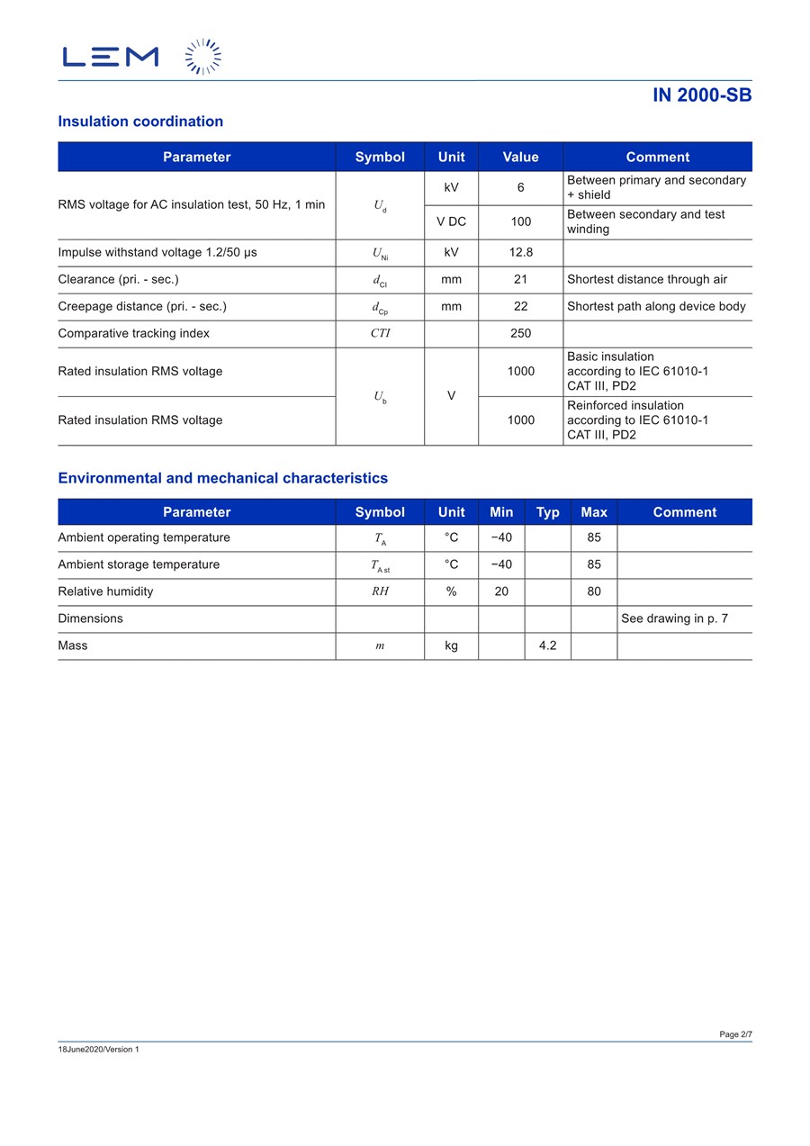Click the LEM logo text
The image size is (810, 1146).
coord(110,57)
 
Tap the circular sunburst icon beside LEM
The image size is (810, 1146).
coord(203,57)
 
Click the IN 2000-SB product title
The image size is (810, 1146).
coord(702,95)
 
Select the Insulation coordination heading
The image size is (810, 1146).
coord(140,122)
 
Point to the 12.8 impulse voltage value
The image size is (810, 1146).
coord(520,252)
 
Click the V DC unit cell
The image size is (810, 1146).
coord(451,221)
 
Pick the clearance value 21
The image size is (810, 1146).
coord(520,279)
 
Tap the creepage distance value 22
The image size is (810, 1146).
coord(520,306)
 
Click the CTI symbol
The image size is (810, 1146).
coord(380,333)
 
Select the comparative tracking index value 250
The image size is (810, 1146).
coord(520,333)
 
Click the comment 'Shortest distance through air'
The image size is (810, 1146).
coord(647,279)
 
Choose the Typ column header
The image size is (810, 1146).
coord(547,512)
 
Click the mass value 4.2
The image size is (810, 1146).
coord(547,645)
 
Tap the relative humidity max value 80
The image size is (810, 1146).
coord(594,591)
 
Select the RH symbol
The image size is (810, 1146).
coord(380,591)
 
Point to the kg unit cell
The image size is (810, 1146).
coord(451,645)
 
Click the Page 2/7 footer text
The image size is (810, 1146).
coord(735,1034)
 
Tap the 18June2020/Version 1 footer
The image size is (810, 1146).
coord(99,1050)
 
